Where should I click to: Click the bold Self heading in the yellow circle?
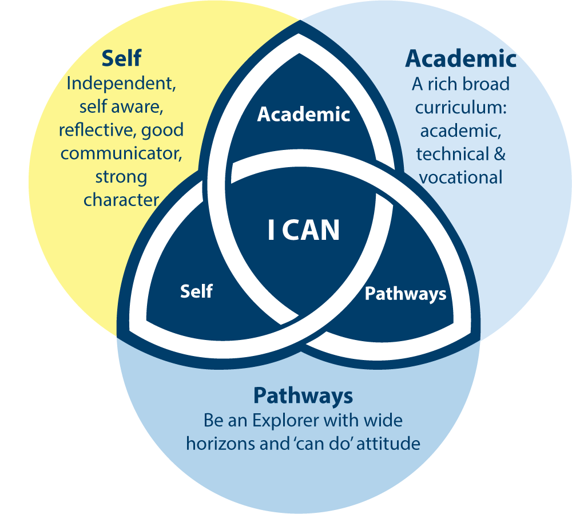pyautogui.click(x=121, y=58)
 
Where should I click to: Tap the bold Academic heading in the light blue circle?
pyautogui.click(x=460, y=58)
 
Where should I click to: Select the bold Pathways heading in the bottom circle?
pyautogui.click(x=303, y=396)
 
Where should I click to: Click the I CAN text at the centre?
pyautogui.click(x=304, y=230)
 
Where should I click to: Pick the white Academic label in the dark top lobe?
pyautogui.click(x=303, y=114)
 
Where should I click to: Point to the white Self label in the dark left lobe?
pyautogui.click(x=196, y=291)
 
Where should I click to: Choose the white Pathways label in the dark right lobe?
pyautogui.click(x=406, y=294)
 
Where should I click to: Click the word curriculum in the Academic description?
pyautogui.click(x=460, y=108)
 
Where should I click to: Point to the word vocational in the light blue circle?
pyautogui.click(x=460, y=177)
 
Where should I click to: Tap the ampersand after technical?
pyautogui.click(x=499, y=154)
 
